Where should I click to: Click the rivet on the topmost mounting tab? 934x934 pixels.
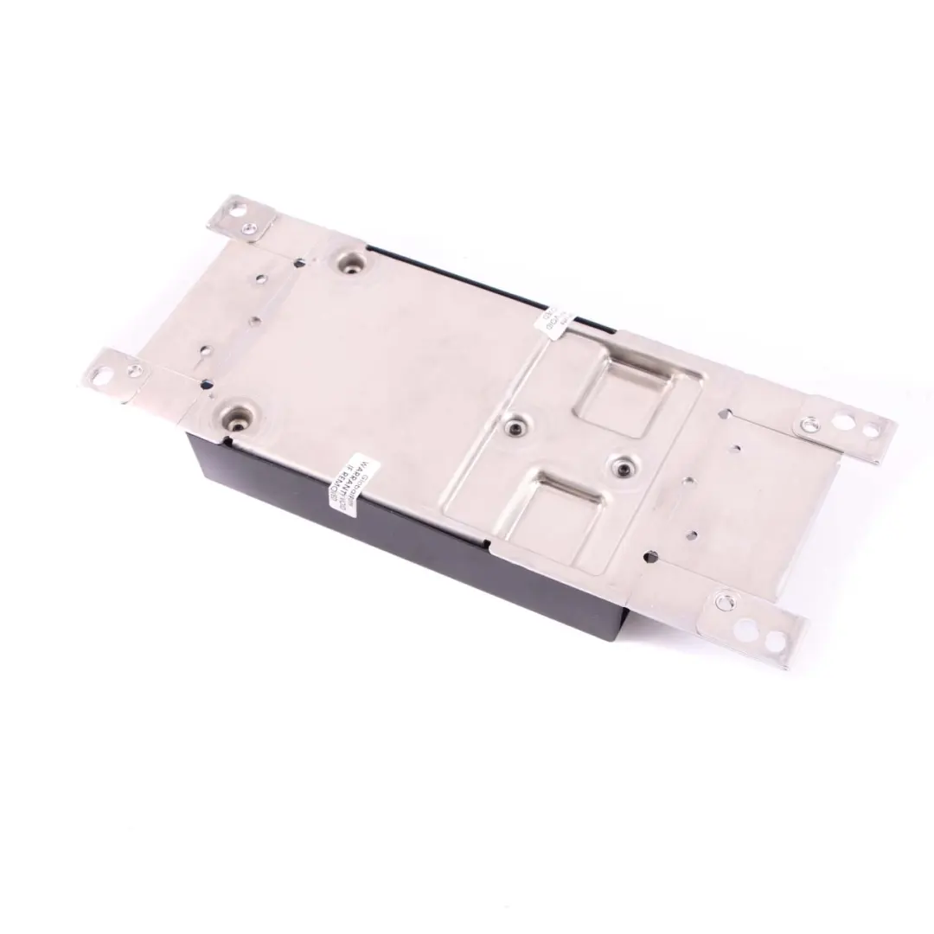coord(249,228)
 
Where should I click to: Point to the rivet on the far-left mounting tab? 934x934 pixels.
coord(132,371)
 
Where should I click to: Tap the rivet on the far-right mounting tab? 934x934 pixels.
coord(809,424)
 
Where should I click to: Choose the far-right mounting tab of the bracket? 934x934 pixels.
coord(843,430)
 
